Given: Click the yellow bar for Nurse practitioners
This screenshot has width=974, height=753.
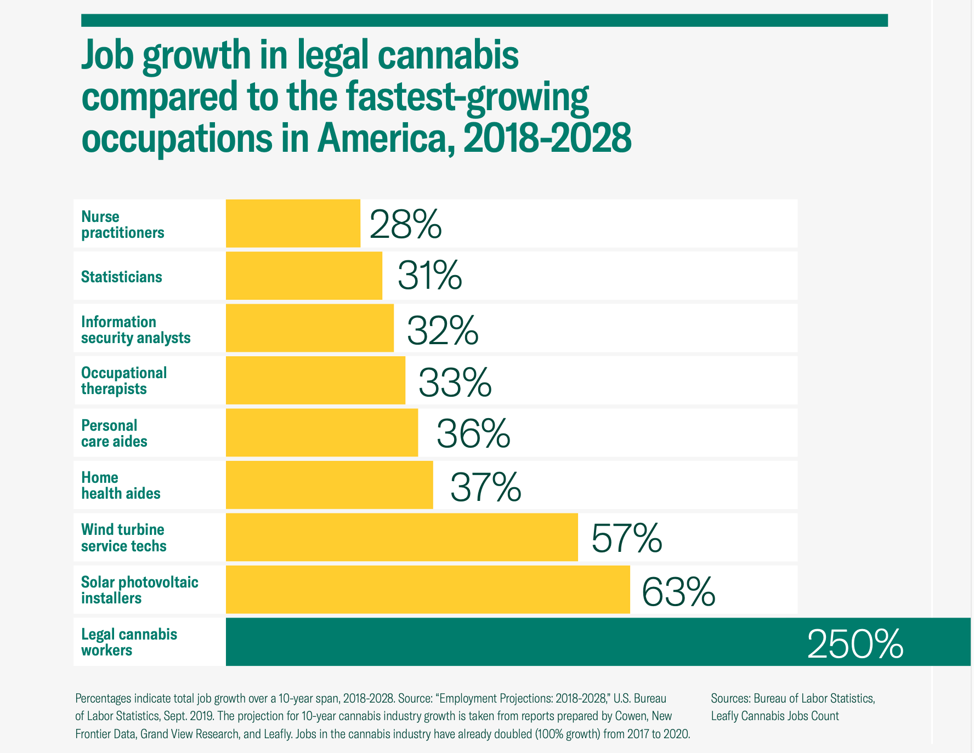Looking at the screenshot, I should [x=293, y=223].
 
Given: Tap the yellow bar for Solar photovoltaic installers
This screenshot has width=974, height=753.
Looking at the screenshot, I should [x=428, y=590].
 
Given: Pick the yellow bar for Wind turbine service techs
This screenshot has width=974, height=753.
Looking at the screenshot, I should [x=401, y=537].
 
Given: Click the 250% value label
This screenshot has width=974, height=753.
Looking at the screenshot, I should [x=855, y=644].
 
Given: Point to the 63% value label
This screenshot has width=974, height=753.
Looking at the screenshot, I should [x=678, y=592].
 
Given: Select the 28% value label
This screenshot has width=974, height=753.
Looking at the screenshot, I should [x=405, y=224].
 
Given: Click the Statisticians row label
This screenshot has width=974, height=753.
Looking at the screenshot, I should [x=122, y=277].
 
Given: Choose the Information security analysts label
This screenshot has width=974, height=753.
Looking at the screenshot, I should [x=136, y=329].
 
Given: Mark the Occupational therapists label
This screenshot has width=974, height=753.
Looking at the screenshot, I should [x=124, y=381].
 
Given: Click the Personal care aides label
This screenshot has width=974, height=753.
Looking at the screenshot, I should [x=114, y=433].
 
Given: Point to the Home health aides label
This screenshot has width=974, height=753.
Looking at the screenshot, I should [x=121, y=486].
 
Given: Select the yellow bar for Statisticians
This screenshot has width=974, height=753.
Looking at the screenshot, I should [x=304, y=276].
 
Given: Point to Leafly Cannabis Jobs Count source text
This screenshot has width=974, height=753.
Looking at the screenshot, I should [x=775, y=716].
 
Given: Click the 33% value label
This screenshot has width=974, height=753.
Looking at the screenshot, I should [x=455, y=383].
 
